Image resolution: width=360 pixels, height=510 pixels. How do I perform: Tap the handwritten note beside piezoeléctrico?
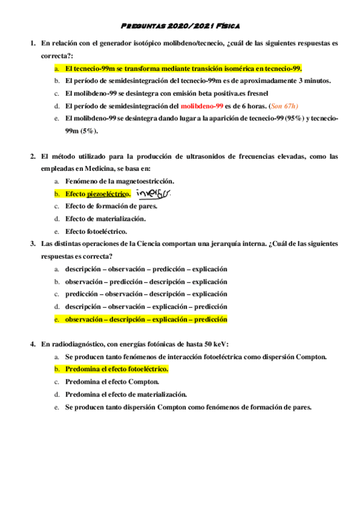pos(153,193)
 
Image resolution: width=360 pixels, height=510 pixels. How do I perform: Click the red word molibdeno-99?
pos(207,106)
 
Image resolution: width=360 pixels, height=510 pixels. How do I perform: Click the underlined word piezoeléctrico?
pos(108,194)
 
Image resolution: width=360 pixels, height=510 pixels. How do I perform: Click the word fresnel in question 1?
pos(257,93)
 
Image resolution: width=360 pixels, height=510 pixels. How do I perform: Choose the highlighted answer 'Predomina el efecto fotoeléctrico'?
pos(116,369)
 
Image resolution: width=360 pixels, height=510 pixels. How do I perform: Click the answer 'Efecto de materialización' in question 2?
pos(105,218)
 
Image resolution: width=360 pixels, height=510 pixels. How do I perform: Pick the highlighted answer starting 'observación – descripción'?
pos(146,319)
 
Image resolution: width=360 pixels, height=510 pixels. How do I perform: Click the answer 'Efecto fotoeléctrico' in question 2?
pos(96,231)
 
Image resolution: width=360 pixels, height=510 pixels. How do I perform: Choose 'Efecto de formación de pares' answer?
pos(111,206)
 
